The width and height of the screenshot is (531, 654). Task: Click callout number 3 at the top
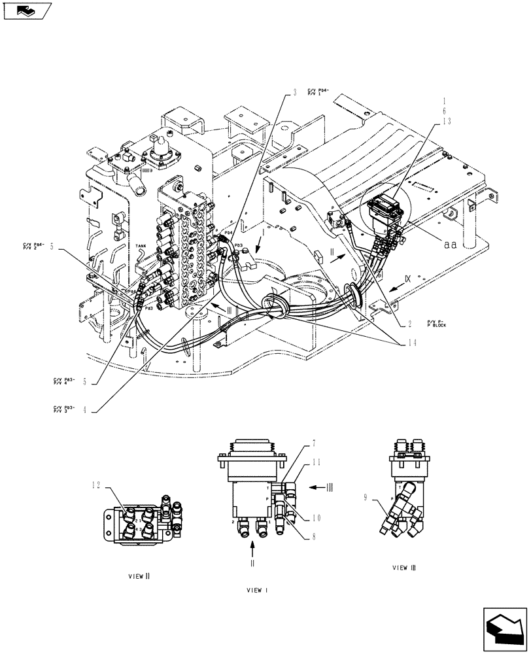(294, 94)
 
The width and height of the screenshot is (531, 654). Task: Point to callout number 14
(410, 341)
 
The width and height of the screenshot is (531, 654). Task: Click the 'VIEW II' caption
(139, 576)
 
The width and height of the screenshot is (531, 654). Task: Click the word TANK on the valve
(141, 247)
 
